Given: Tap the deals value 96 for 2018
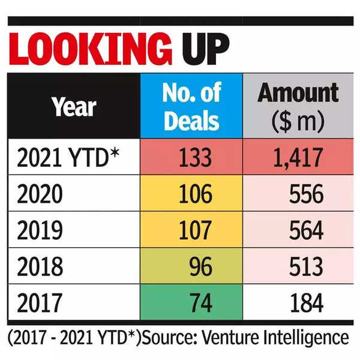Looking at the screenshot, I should (x=198, y=266).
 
